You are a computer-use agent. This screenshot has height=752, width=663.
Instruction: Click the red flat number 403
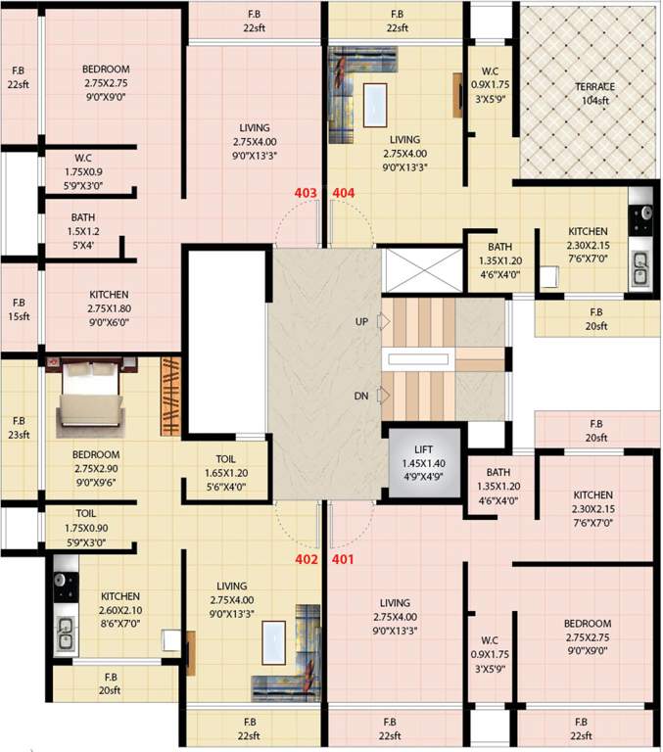(x=306, y=193)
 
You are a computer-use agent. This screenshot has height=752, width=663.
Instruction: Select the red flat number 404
(x=344, y=193)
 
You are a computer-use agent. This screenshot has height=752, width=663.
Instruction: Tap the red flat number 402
(x=307, y=559)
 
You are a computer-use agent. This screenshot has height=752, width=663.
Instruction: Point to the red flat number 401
(x=343, y=559)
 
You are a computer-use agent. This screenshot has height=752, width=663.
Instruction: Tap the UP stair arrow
(x=383, y=321)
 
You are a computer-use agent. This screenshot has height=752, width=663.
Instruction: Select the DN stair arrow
(x=383, y=396)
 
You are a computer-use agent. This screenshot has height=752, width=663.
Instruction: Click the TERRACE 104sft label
(x=594, y=94)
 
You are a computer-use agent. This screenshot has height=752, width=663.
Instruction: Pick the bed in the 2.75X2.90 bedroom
(x=90, y=399)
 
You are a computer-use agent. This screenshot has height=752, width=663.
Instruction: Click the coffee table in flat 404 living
(x=375, y=105)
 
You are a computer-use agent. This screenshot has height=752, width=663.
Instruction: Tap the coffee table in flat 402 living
(x=274, y=642)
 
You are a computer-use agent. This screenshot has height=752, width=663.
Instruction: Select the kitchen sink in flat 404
(x=639, y=269)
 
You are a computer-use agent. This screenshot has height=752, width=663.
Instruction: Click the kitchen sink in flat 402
(x=65, y=634)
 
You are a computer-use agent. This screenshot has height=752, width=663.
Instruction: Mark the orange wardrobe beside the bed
(x=170, y=397)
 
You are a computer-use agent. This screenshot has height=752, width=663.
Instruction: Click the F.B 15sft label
(x=19, y=309)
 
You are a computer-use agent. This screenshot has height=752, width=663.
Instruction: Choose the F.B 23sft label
(x=19, y=428)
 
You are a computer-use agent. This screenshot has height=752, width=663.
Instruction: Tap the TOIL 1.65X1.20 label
(x=226, y=472)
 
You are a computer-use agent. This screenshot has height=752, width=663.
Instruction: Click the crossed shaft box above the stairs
(x=424, y=270)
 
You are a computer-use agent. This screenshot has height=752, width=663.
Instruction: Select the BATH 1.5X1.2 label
(x=83, y=231)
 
